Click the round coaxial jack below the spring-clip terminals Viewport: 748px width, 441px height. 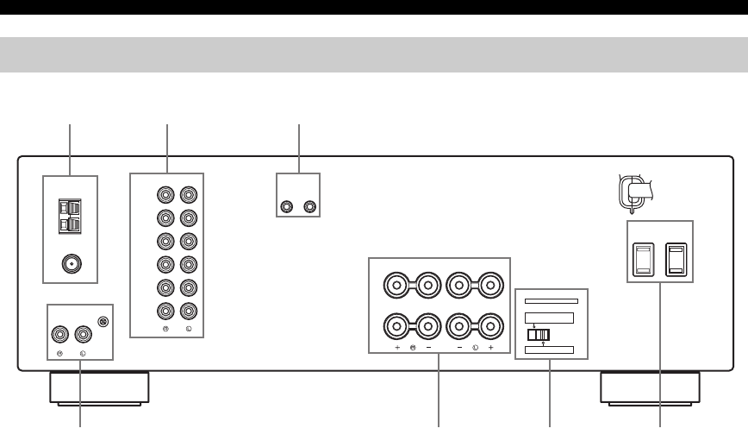[x=70, y=264]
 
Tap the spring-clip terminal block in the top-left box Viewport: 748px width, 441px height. [x=70, y=217]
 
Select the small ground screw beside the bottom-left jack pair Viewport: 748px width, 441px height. [x=103, y=323]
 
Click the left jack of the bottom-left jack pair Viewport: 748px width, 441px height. [x=61, y=333]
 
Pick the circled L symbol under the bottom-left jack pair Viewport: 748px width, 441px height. [x=83, y=354]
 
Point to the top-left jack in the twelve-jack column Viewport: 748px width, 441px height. [x=165, y=195]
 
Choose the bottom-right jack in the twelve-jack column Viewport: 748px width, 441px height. [x=189, y=312]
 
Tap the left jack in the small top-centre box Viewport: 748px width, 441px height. [x=288, y=207]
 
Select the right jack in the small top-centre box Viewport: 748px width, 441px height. [x=310, y=207]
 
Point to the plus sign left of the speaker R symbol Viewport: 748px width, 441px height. [x=398, y=347]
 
